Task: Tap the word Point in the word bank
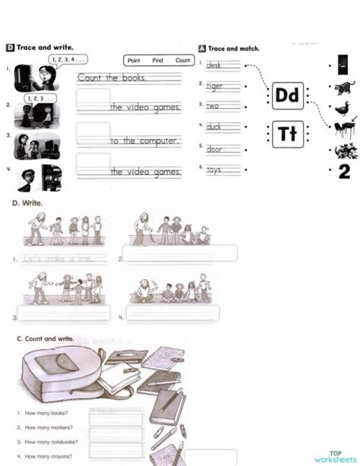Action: coord(134,60)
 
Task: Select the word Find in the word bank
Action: coord(158,60)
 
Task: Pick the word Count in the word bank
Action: coord(183,60)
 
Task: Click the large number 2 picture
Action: coord(343,172)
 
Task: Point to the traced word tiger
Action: coord(215,86)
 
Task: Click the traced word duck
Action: coord(214,127)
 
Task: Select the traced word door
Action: coord(215,149)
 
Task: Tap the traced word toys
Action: coord(214,170)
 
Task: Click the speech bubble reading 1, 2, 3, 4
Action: coord(68,59)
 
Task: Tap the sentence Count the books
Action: coord(112,78)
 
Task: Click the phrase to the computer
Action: coord(144,141)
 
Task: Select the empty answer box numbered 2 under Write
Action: coord(181,253)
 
